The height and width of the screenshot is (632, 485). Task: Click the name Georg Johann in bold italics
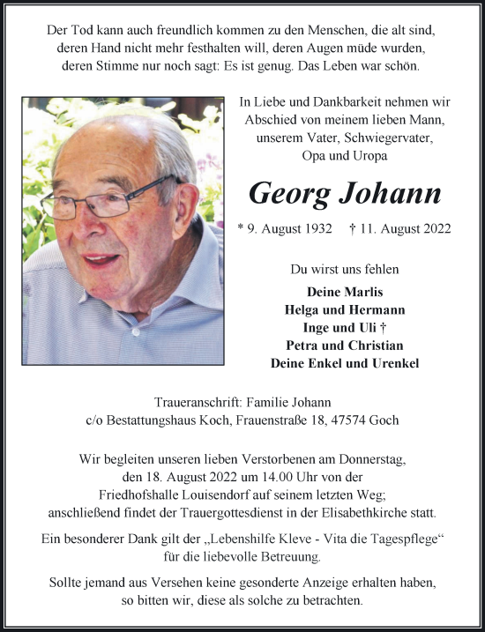(x=345, y=193)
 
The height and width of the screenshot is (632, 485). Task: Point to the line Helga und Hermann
(x=345, y=309)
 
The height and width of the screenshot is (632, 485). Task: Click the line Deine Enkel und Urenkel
(x=345, y=362)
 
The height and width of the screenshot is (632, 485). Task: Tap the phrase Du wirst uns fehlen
(x=345, y=268)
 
